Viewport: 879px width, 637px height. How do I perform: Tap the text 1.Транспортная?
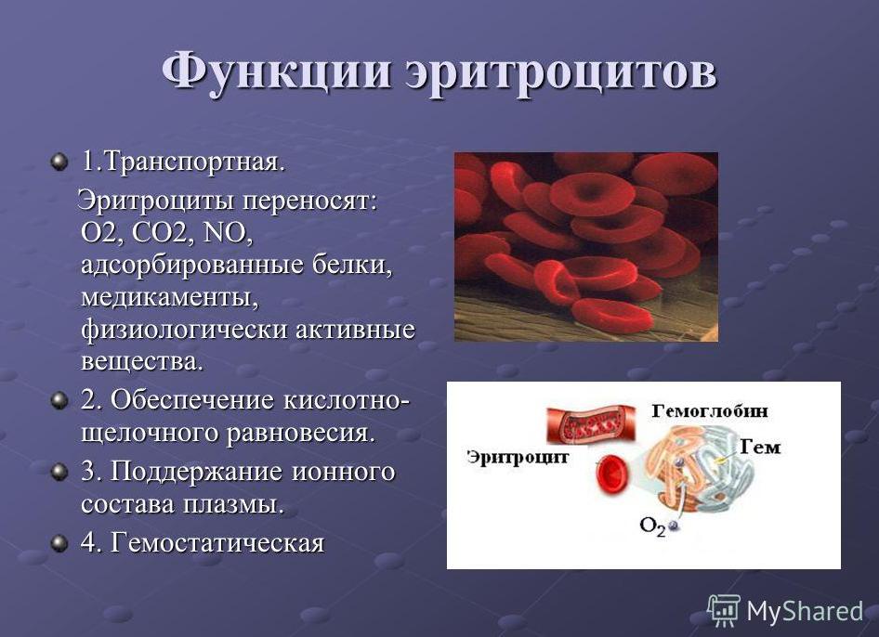[x=182, y=162]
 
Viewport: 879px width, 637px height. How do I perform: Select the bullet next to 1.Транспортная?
[x=59, y=162]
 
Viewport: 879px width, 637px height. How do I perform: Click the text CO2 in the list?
[x=157, y=233]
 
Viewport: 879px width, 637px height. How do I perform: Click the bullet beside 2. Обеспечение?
[x=59, y=400]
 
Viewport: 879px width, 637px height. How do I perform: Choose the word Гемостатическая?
[x=217, y=542]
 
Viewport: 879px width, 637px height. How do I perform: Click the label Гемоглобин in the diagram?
[x=709, y=409]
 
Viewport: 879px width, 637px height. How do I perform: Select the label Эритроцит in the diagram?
[x=517, y=456]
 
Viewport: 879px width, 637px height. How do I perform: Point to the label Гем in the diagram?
[x=760, y=448]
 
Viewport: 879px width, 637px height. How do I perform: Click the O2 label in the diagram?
[x=653, y=525]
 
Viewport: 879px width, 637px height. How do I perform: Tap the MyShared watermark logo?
[x=785, y=610]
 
